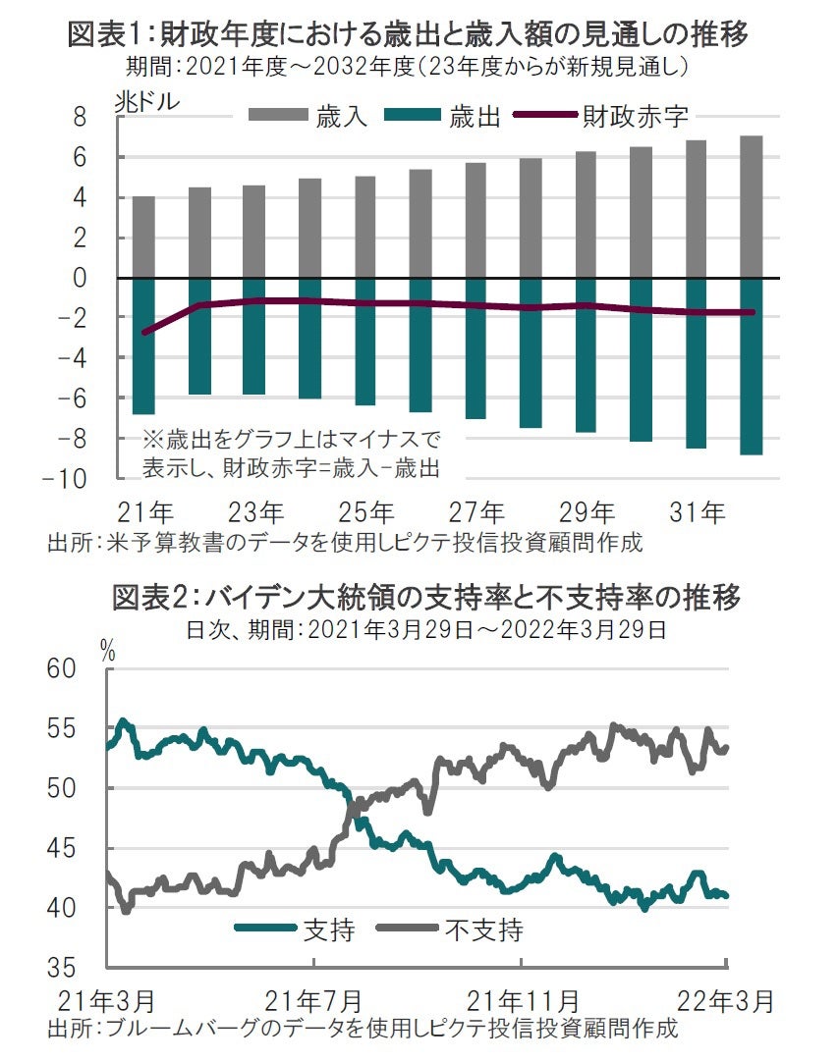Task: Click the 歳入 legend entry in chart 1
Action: click(x=308, y=118)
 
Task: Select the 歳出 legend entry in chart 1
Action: click(x=442, y=118)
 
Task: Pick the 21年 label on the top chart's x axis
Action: click(x=144, y=512)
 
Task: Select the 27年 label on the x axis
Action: click(x=477, y=512)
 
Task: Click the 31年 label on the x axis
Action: click(x=699, y=512)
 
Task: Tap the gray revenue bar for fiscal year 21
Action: click(x=143, y=238)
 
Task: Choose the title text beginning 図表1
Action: click(x=408, y=36)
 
